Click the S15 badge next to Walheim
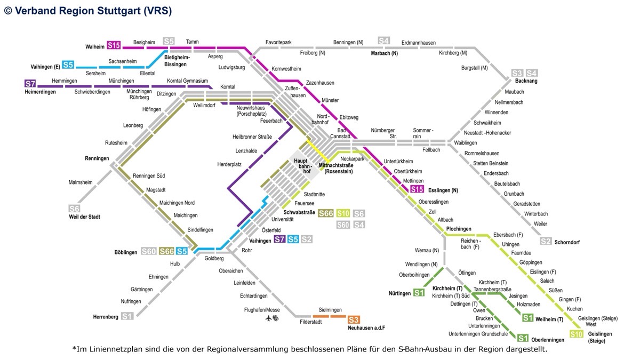tap(114, 45)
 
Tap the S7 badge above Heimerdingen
tap(30, 84)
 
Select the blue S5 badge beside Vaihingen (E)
tap(68, 65)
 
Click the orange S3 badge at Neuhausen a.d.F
tap(354, 319)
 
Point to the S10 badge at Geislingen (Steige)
tap(576, 334)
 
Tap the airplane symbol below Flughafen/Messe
tap(268, 318)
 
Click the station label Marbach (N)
tap(385, 53)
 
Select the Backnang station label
tap(526, 81)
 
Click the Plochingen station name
tap(459, 229)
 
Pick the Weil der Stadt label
tap(85, 217)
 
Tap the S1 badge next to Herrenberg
tap(127, 316)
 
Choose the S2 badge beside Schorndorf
tap(546, 241)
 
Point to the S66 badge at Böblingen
tap(166, 251)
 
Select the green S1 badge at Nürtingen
tap(419, 293)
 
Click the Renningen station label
tap(97, 158)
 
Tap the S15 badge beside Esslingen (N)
tap(417, 189)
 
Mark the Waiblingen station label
tap(466, 143)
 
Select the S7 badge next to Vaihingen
tap(279, 239)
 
